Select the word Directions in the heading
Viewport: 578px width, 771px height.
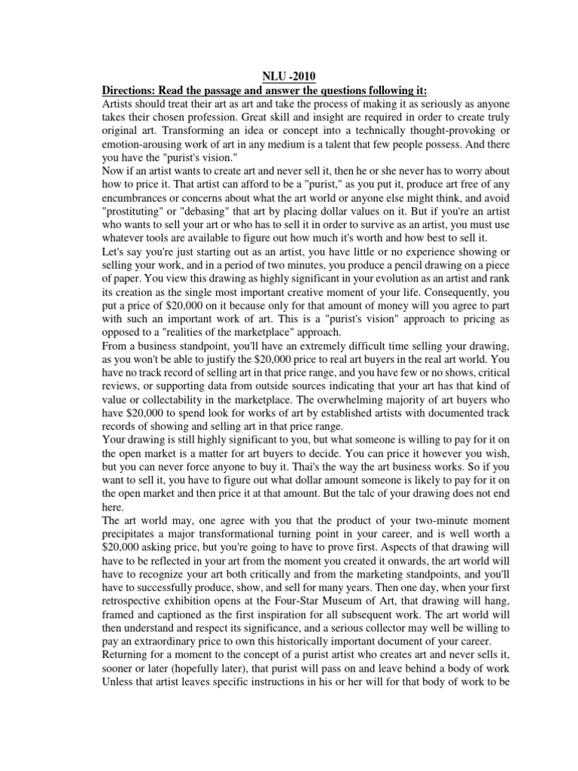coord(133,89)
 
